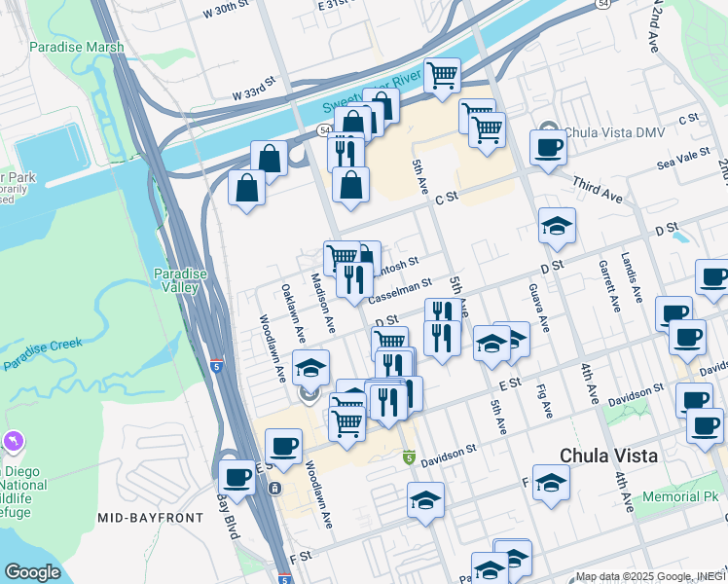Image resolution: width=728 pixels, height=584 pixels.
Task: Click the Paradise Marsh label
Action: click(77, 47)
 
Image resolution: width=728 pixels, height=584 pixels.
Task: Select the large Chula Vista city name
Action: click(609, 456)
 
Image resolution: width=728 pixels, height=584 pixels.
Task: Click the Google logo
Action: click(31, 572)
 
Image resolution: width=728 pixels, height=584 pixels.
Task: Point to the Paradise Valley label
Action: click(180, 280)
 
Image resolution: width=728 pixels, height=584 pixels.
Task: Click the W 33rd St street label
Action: click(262, 93)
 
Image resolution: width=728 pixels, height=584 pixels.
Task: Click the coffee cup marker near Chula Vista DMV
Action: click(548, 149)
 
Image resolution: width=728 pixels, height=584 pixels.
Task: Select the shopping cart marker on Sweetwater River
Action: click(443, 75)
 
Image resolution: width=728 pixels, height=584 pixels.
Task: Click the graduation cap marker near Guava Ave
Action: click(558, 227)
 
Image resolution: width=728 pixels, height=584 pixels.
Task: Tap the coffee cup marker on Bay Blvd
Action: click(237, 477)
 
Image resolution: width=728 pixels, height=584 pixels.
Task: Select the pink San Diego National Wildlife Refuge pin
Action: click(12, 442)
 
